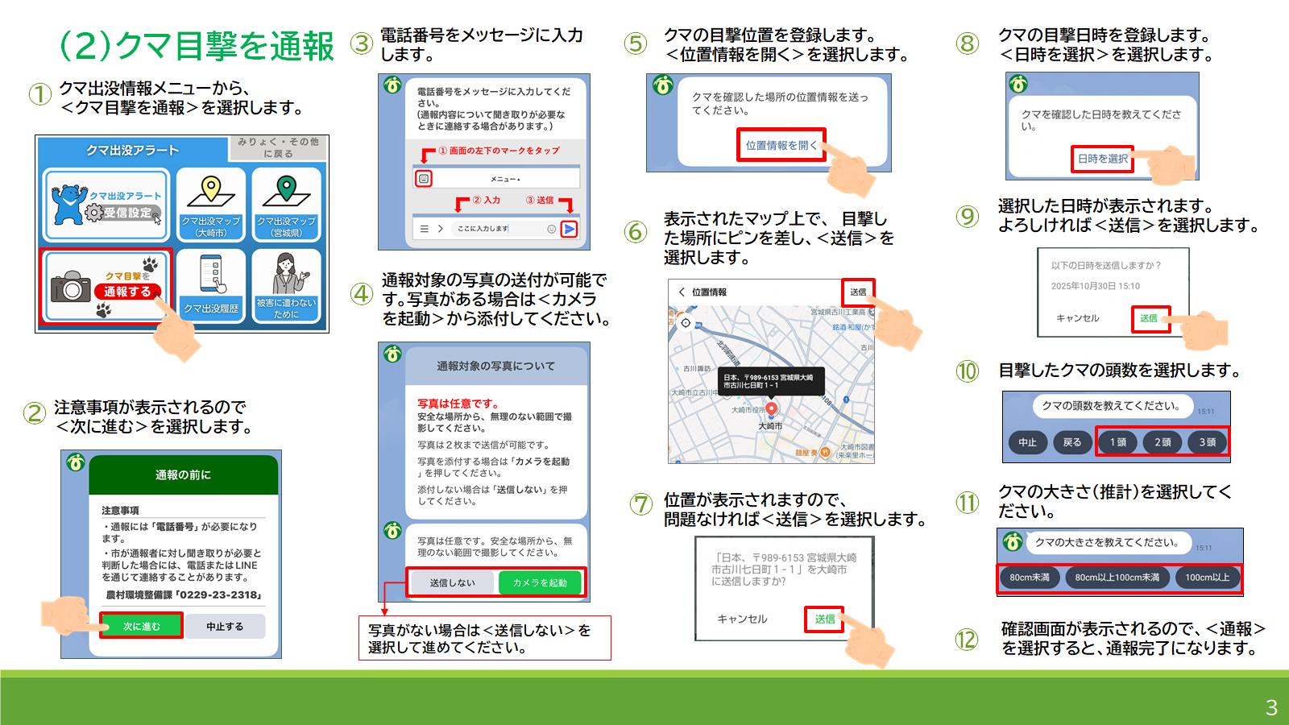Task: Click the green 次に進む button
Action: tap(142, 626)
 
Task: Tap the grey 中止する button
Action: tap(225, 626)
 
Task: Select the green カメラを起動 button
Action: tap(540, 582)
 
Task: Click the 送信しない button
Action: tap(452, 582)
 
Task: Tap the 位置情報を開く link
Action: tap(781, 145)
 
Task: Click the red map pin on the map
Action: tap(772, 409)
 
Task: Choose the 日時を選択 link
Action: tap(1102, 159)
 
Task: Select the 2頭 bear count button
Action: tap(1163, 442)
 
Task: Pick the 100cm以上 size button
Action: tap(1207, 578)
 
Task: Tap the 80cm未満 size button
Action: tap(1030, 578)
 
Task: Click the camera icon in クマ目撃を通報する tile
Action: tap(71, 287)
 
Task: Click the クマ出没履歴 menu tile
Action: tap(211, 284)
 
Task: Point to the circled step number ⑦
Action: tap(640, 505)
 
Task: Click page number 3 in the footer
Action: tap(1271, 707)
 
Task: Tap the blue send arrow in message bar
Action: tap(569, 229)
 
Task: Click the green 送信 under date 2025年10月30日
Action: tap(1149, 318)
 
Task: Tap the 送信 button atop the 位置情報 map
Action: tap(858, 292)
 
